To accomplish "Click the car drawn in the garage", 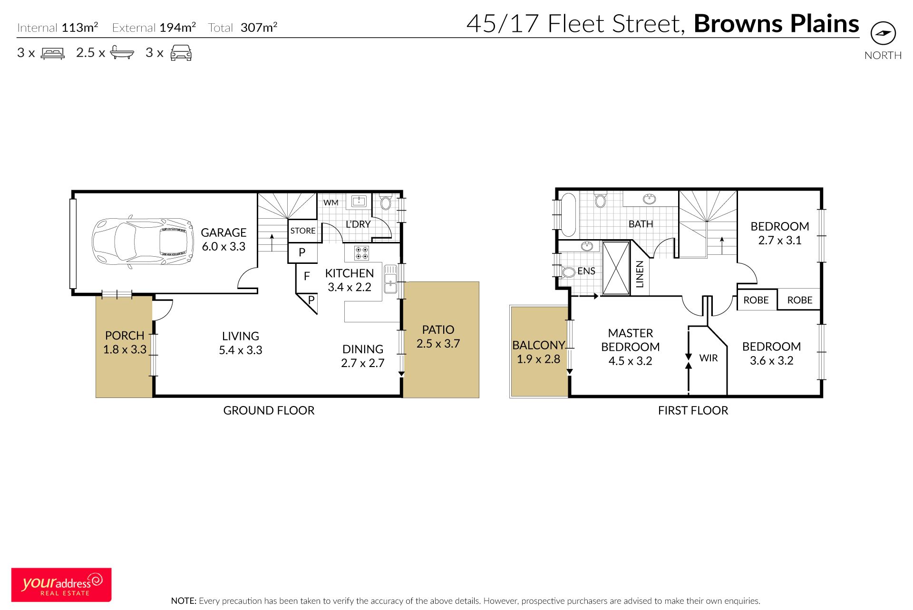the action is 143,242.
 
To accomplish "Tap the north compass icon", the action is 883,33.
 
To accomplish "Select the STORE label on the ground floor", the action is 303,231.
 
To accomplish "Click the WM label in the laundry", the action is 331,203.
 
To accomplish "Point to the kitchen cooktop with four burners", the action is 361,253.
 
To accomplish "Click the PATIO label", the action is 438,329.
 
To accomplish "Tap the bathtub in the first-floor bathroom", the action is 567,214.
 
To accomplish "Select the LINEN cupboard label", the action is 640,274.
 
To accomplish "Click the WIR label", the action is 708,358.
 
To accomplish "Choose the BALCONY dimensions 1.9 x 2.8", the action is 538,359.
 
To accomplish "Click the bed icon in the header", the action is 52,53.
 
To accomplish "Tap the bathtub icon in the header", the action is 122,52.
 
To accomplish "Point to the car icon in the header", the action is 181,53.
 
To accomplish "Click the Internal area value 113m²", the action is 80,27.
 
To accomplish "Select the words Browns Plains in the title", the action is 777,23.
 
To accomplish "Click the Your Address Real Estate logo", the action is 61,584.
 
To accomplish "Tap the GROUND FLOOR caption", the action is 269,410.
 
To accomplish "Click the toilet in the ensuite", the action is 568,272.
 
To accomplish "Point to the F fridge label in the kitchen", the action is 307,276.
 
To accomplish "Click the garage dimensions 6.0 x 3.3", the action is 223,246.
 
